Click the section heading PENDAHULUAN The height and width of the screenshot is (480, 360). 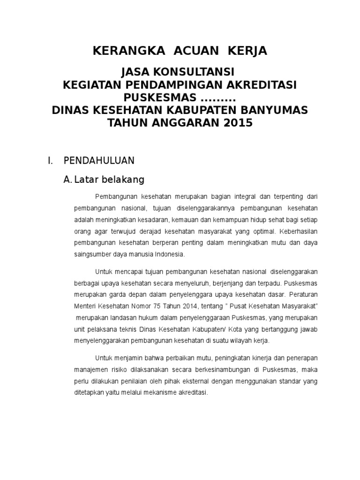99,161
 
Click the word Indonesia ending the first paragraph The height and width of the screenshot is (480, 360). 171,255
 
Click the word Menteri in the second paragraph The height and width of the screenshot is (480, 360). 84,306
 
